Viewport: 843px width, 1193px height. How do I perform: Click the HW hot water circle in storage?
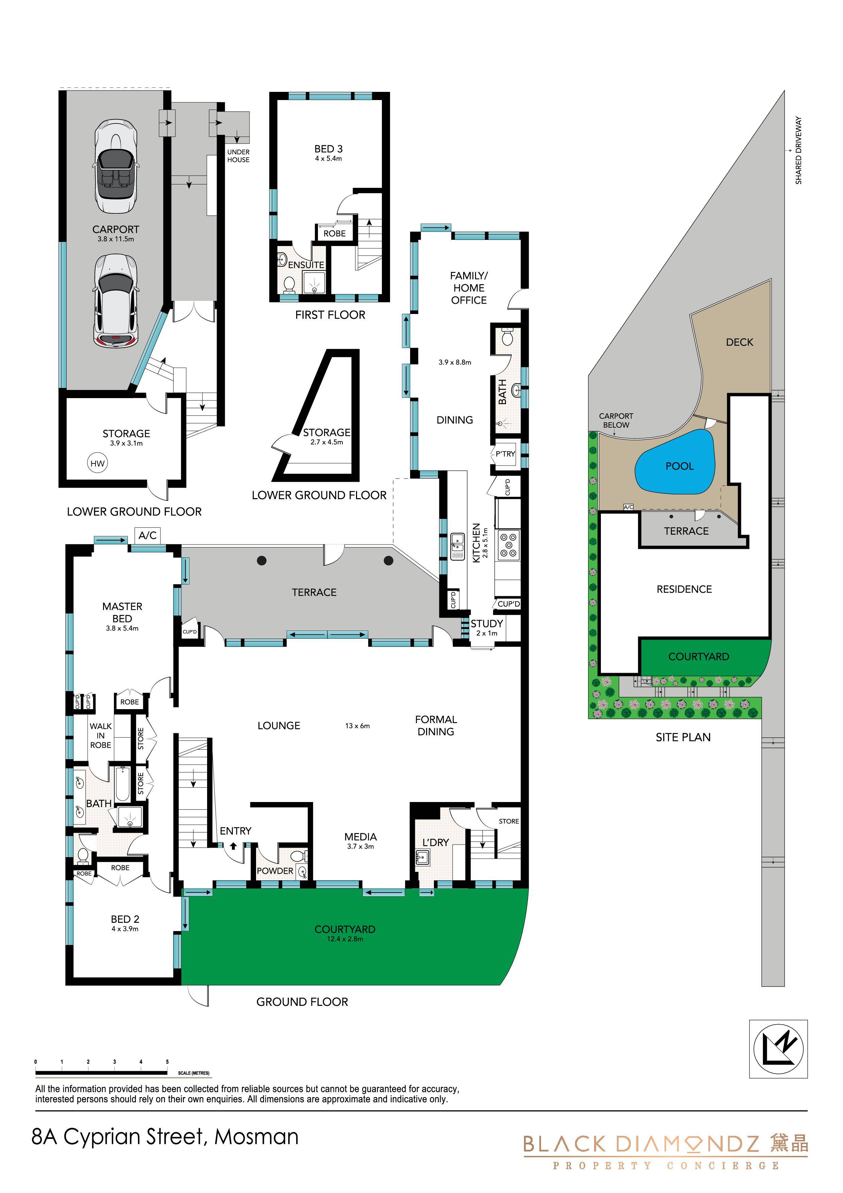(98, 463)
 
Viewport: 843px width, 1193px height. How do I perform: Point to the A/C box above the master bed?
(148, 535)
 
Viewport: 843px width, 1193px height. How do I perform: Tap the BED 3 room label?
(328, 149)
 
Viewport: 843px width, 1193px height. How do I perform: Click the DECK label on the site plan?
(739, 342)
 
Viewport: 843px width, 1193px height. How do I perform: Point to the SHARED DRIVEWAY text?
(798, 150)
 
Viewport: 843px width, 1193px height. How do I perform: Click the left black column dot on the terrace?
(262, 560)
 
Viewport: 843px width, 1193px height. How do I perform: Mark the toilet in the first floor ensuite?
(289, 284)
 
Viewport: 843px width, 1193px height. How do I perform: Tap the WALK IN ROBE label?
(101, 735)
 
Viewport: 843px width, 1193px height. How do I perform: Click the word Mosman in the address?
(257, 1137)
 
